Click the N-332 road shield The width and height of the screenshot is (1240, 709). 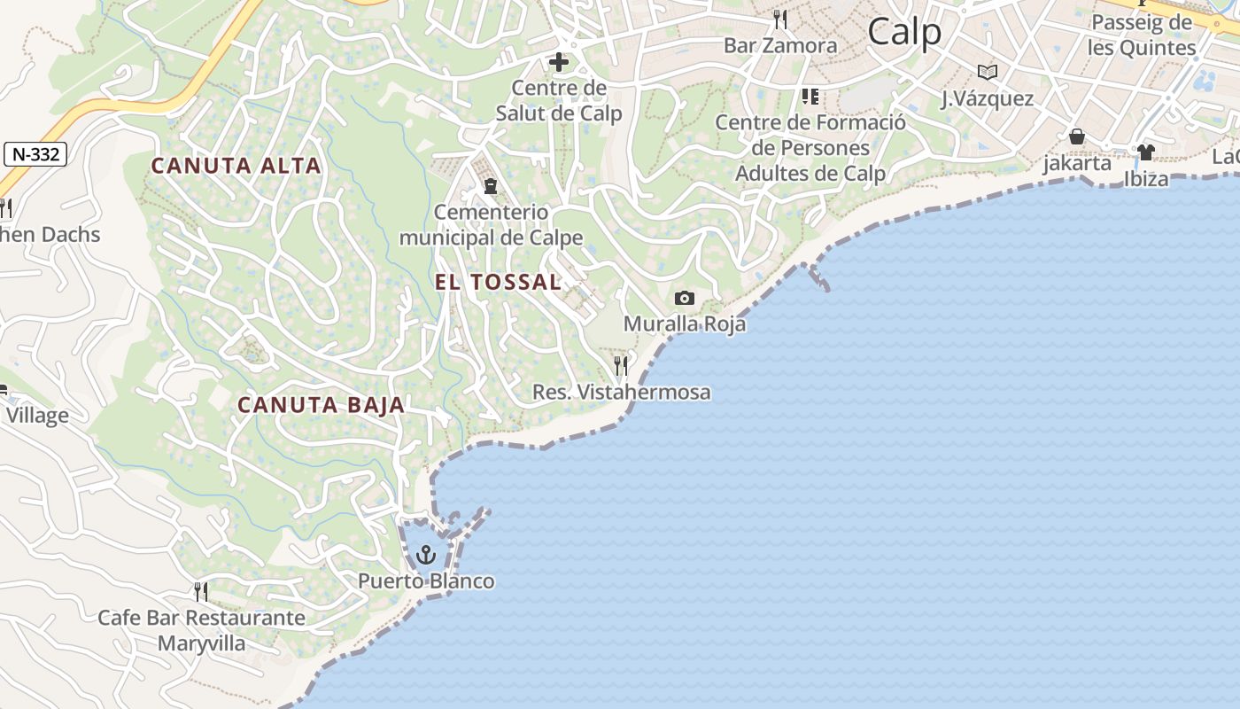[x=35, y=154]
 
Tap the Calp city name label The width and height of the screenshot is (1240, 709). [x=904, y=33]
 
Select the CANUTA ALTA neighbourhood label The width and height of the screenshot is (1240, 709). [x=236, y=166]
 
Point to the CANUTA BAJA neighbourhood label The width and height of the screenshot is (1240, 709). [x=321, y=405]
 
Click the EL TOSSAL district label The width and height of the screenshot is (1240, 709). [x=498, y=282]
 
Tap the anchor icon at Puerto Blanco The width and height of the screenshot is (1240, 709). [x=427, y=556]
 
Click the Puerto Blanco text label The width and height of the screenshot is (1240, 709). [x=426, y=581]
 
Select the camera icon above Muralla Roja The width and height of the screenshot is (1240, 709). [x=685, y=298]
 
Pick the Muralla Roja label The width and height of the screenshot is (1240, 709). [x=685, y=323]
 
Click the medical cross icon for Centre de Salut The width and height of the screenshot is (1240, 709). [x=559, y=62]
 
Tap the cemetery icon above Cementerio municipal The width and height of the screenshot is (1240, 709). [x=490, y=186]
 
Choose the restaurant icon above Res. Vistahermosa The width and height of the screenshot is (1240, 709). [x=622, y=366]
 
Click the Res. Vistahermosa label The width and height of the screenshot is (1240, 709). [x=622, y=392]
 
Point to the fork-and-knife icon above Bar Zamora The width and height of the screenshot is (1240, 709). [x=780, y=19]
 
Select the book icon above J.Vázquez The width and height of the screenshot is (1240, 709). [x=987, y=73]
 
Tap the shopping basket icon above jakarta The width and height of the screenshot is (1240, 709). [x=1077, y=137]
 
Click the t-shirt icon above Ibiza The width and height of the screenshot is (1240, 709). [x=1146, y=152]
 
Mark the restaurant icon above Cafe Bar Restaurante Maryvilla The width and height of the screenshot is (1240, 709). [x=201, y=591]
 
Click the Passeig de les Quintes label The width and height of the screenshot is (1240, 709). [x=1142, y=35]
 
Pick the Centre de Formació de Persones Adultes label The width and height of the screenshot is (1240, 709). [x=810, y=147]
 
